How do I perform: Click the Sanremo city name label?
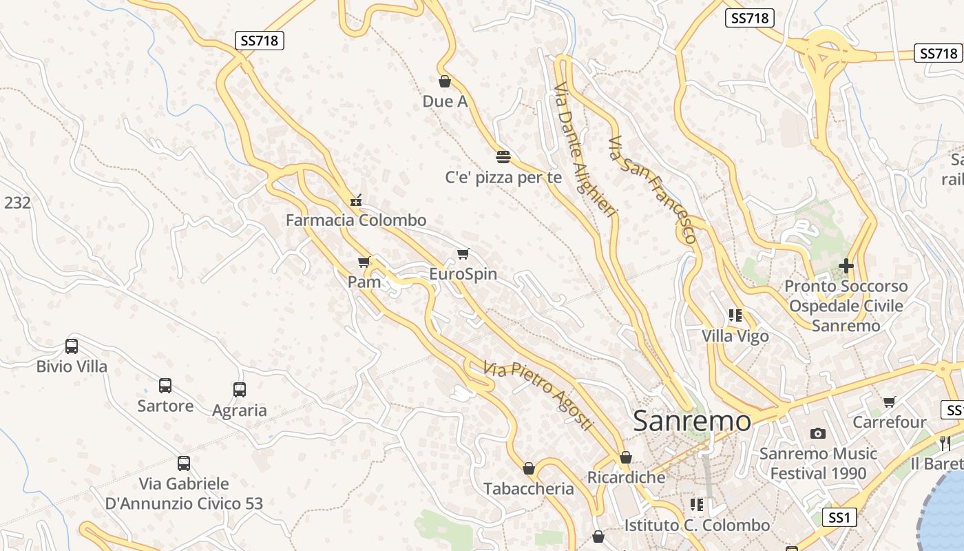pos(691,421)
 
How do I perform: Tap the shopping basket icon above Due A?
pos(445,81)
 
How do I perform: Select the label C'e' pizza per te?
pos(503,178)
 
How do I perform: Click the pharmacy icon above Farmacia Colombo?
pos(356,201)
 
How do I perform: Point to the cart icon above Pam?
pos(364,262)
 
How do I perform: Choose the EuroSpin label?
pos(463,274)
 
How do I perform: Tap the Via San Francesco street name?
pos(652,189)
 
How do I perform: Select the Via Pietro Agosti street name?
pos(538,396)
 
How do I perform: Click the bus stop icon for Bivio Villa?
pos(72,346)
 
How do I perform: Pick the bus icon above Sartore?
pos(165,386)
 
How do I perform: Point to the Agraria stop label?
pos(240,410)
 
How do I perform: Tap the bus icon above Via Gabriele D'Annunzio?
pos(184,464)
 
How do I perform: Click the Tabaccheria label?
pos(529,489)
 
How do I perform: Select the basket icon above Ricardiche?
pos(626,457)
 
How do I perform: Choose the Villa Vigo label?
pos(735,336)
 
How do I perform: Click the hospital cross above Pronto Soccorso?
pos(846,266)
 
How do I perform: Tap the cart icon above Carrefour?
pos(890,402)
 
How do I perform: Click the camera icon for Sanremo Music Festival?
pos(818,433)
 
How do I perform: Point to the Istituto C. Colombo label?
pos(697,526)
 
